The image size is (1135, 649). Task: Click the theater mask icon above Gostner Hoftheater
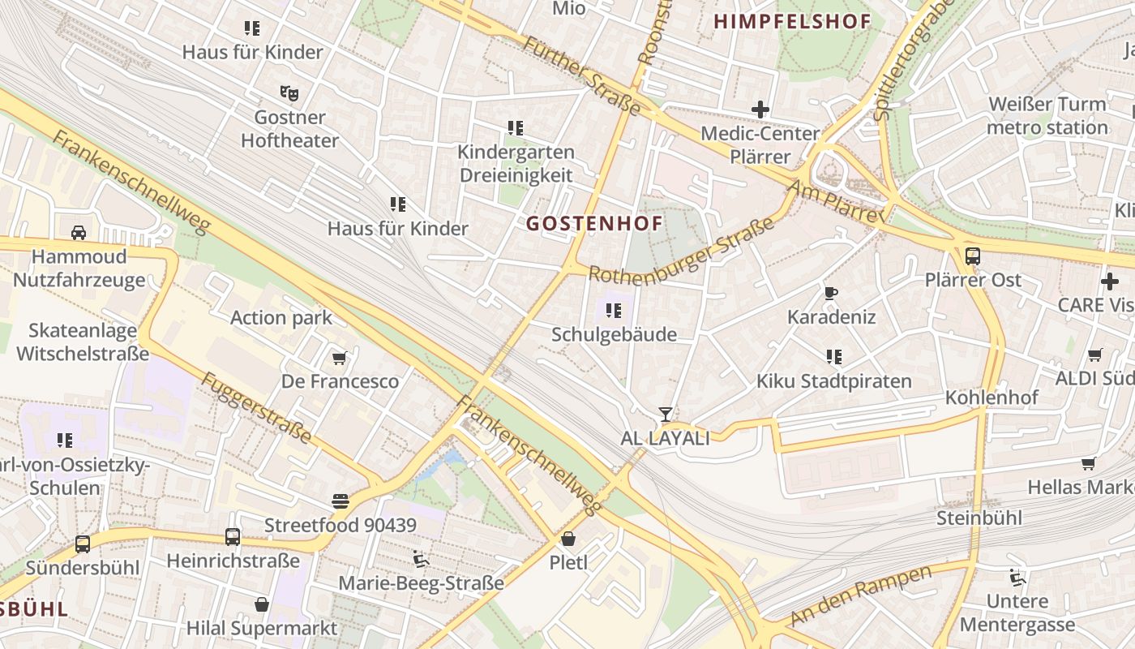289,93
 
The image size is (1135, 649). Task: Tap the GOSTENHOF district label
594,222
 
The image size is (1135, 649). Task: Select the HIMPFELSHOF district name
792,22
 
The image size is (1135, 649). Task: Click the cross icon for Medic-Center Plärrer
760,110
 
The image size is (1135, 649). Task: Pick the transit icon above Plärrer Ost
972,256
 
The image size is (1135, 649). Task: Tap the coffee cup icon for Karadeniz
830,293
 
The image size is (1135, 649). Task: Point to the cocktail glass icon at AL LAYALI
665,415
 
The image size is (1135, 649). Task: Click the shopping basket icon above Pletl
568,539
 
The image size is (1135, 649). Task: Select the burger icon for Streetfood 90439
340,501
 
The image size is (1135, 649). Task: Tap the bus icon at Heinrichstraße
233,537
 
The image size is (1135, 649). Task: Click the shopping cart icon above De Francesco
340,358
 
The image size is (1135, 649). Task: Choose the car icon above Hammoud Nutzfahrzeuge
79,233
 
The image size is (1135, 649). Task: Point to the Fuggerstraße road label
255,408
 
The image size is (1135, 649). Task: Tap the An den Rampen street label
861,595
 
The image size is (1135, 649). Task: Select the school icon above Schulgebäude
614,310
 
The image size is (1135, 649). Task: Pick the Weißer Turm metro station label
1047,115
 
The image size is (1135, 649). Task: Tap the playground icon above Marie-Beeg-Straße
420,559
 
